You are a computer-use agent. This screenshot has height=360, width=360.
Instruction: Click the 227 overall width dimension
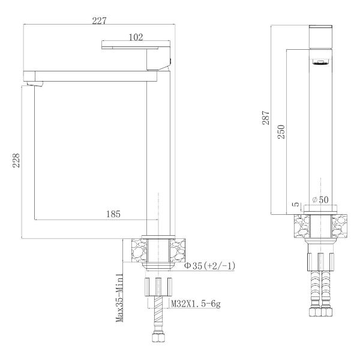(x=100, y=20)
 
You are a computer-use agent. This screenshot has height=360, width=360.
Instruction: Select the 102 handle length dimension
(x=136, y=37)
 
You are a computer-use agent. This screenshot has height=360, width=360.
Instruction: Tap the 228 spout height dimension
(x=16, y=160)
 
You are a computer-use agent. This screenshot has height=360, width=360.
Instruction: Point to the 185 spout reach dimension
(x=113, y=214)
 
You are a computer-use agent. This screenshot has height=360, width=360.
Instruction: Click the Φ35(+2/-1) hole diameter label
(x=210, y=266)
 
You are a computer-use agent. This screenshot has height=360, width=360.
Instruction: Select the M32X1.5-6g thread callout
(x=196, y=304)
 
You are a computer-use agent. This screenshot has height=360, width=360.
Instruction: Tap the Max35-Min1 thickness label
(x=119, y=298)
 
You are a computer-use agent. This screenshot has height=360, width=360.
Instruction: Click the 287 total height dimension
(x=266, y=118)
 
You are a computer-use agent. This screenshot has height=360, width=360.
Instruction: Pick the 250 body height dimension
(x=281, y=132)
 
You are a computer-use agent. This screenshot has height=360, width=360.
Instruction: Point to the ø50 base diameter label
(x=321, y=200)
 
